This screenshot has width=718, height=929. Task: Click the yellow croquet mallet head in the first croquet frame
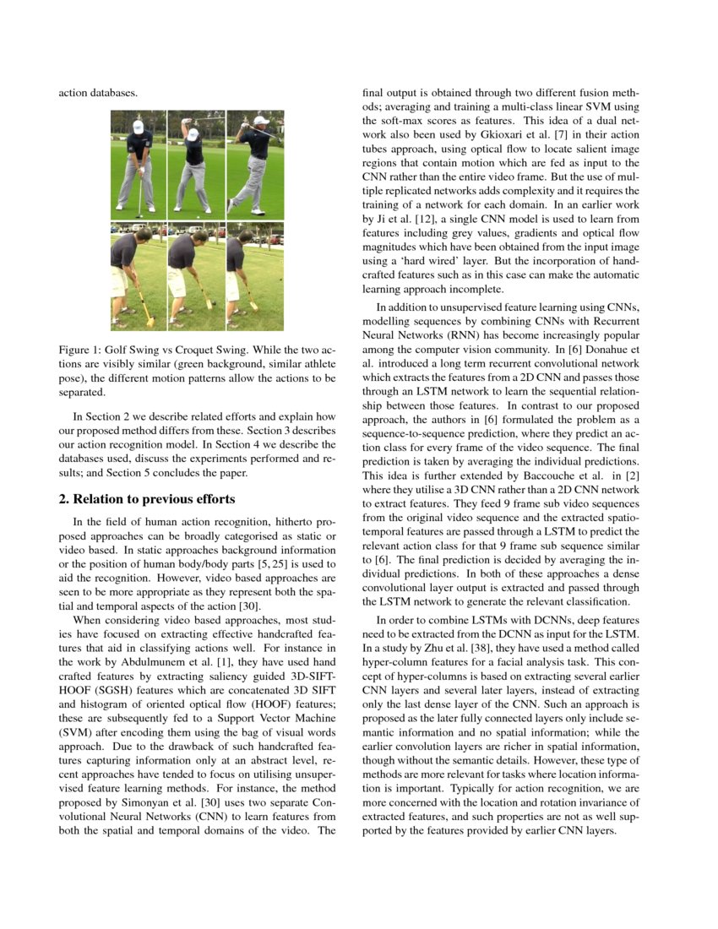pos(150,321)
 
